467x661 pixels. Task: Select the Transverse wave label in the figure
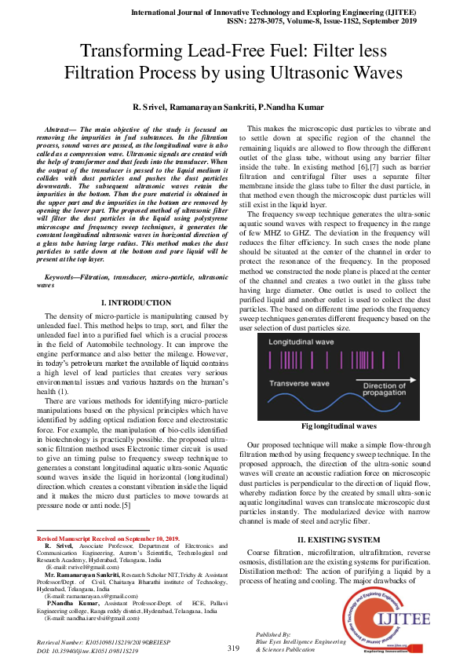(x=297, y=382)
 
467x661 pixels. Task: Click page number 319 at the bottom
(x=233, y=648)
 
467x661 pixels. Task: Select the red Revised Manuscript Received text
(x=109, y=539)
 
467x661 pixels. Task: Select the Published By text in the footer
(x=273, y=633)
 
